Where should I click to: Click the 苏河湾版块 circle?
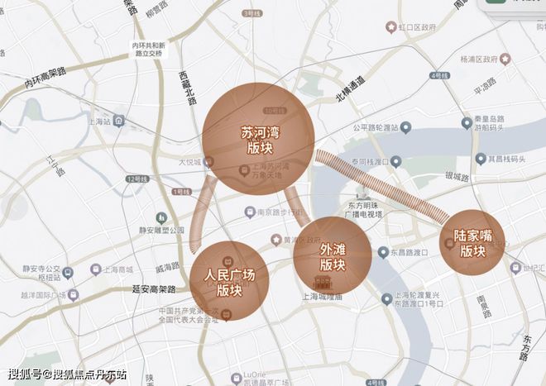tap(259, 138)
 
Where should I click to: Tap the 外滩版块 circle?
tap(332, 256)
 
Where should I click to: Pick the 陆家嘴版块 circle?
tap(472, 242)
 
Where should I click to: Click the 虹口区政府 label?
tap(422, 27)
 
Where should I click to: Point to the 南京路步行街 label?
tap(277, 212)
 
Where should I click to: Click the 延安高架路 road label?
tap(154, 289)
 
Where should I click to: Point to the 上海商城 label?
tap(121, 269)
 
